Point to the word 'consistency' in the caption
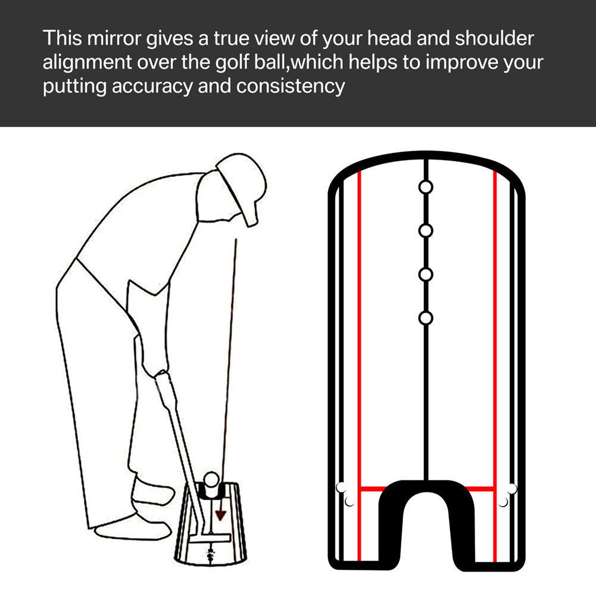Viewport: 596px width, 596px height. pos(291,86)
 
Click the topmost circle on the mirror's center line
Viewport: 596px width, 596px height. pos(426,187)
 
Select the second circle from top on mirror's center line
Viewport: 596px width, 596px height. pos(426,230)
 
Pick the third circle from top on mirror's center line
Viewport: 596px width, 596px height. pos(426,274)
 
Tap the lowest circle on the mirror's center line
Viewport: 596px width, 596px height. pos(426,318)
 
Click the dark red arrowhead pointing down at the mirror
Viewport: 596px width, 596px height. pos(221,514)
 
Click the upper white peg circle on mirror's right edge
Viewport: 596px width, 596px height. pos(511,489)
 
